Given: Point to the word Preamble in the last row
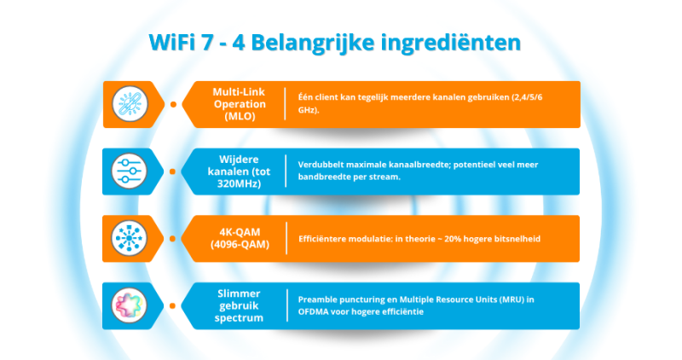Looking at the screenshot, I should [320, 299].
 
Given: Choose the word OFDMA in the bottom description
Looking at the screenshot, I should [315, 312].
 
